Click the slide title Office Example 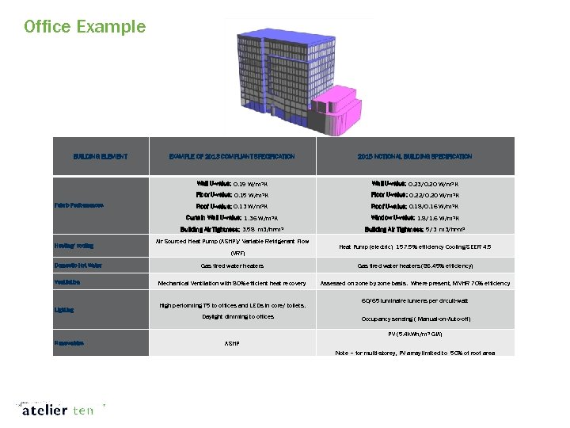tap(85, 26)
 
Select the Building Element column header tap(101, 157)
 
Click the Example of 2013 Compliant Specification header tap(232, 157)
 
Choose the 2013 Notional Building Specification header tap(414, 157)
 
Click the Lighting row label tap(65, 310)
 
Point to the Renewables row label tap(71, 343)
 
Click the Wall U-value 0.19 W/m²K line tap(232, 183)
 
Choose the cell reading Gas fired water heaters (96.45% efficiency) tap(414, 266)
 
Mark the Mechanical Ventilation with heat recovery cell tap(232, 283)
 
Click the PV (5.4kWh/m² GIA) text tap(414, 334)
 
